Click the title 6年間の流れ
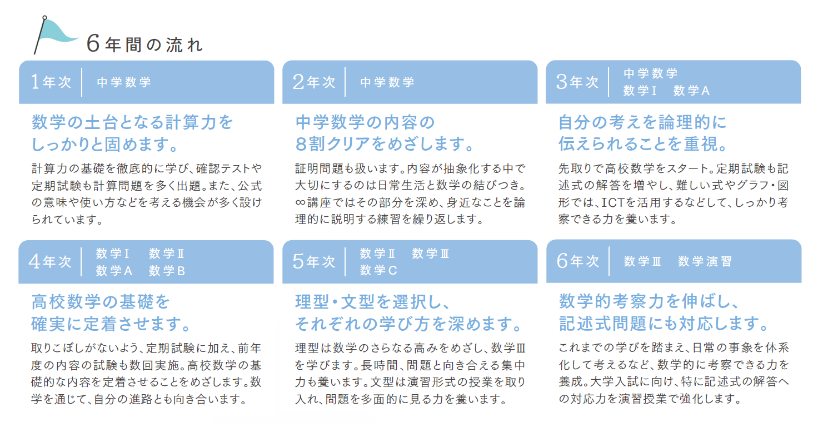[x=144, y=44]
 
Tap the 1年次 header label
[x=51, y=82]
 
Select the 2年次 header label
[x=314, y=82]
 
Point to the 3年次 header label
[x=577, y=82]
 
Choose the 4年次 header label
[x=50, y=261]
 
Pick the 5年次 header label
[x=314, y=261]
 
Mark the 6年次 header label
[x=578, y=261]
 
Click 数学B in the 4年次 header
[x=167, y=271]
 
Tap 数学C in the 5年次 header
[x=378, y=270]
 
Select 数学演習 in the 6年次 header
[x=705, y=261]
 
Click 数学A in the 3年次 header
[x=692, y=91]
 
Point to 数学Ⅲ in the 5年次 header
[x=431, y=253]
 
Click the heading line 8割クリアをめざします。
[x=385, y=144]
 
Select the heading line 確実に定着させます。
[x=111, y=324]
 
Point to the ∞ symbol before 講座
[x=301, y=202]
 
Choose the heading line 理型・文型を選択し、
[x=373, y=302]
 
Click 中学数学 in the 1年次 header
[x=124, y=82]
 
